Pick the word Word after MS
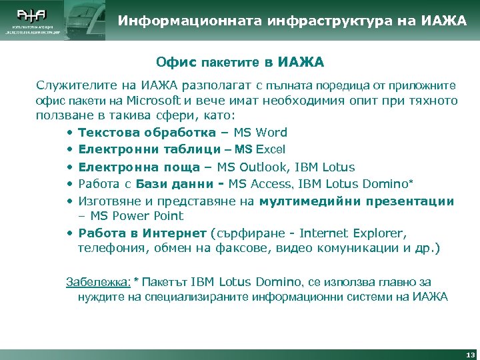(x=272, y=133)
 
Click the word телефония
(x=110, y=249)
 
